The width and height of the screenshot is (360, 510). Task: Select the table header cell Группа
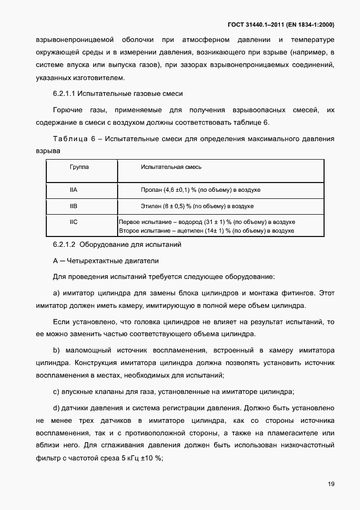(x=79, y=167)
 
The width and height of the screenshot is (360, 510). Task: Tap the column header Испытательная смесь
(x=171, y=167)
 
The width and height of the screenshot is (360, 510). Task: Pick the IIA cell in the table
(x=74, y=190)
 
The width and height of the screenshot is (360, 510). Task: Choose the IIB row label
(x=74, y=207)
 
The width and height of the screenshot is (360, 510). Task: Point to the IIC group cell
(x=74, y=222)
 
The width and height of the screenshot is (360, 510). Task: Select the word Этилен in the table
(x=152, y=207)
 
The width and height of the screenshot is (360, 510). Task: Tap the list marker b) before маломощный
(x=56, y=349)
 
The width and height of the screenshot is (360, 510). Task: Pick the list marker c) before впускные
(x=56, y=392)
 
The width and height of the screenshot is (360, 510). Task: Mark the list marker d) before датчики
(x=56, y=408)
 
